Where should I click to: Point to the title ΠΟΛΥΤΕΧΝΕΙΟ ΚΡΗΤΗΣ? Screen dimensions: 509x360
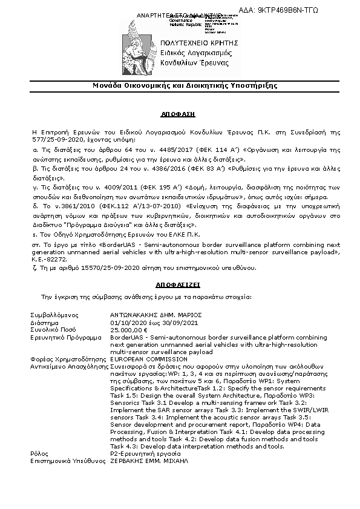tap(203, 43)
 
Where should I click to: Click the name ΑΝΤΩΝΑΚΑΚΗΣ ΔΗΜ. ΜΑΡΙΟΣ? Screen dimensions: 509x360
tap(155, 315)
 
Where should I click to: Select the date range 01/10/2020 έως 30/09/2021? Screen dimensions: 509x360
tap(151, 323)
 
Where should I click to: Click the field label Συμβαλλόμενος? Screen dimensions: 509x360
tap(53, 315)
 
